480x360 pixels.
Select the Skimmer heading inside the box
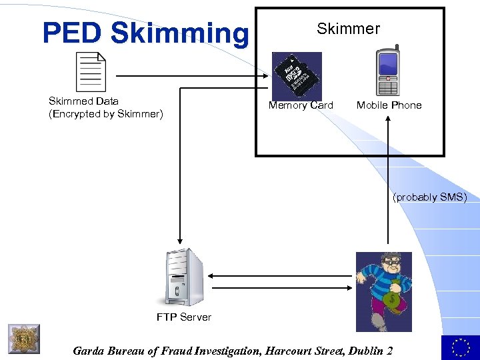tap(348, 29)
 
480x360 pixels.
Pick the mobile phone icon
tap(388, 73)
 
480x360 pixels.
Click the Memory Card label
tap(301, 105)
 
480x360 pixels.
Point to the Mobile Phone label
tap(389, 105)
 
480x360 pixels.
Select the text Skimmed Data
tap(83, 101)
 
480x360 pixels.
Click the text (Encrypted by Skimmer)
tap(105, 114)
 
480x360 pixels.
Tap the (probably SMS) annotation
tap(429, 197)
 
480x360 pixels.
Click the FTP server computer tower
tap(178, 277)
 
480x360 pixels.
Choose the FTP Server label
tap(183, 317)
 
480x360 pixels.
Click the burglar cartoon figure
tap(383, 291)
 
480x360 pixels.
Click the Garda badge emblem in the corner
tap(24, 339)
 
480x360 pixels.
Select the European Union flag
tap(460, 347)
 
